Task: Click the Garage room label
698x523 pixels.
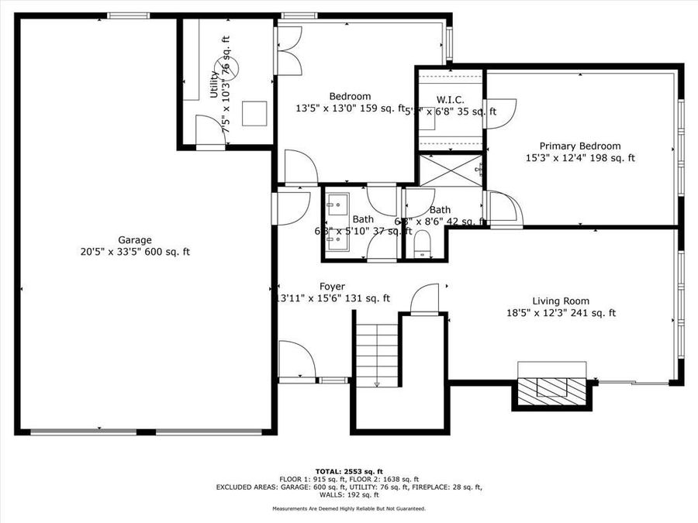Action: (x=135, y=239)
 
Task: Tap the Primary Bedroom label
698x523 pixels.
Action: (x=580, y=146)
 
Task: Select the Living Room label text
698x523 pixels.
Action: (x=560, y=301)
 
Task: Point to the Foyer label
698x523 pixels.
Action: (x=332, y=286)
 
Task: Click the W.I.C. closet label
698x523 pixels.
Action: (x=450, y=99)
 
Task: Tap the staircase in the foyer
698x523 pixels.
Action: (x=377, y=353)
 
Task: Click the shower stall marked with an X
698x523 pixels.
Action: (x=451, y=170)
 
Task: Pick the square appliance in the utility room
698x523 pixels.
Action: (x=254, y=113)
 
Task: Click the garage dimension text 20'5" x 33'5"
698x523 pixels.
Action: (x=135, y=252)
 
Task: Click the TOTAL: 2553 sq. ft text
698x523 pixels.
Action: (x=349, y=470)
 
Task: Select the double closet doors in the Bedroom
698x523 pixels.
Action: (x=288, y=50)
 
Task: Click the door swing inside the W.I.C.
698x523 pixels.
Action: (x=500, y=111)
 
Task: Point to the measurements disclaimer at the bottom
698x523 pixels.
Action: (x=349, y=508)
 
